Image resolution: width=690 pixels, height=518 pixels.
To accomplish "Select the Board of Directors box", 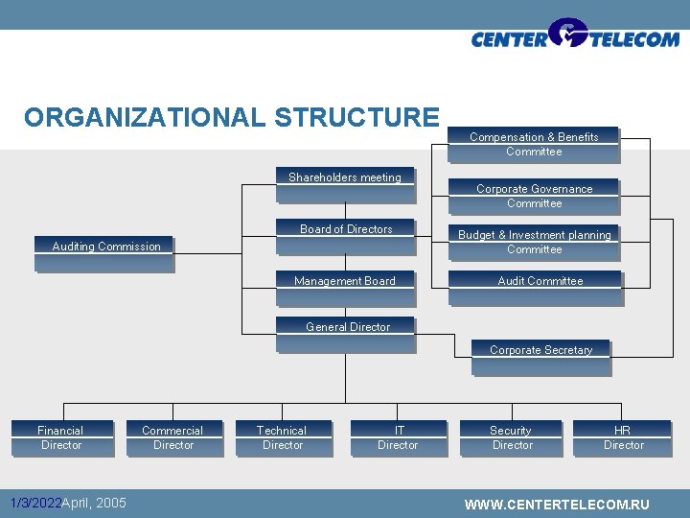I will tap(346, 236).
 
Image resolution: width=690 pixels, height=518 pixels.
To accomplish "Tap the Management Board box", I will tap(345, 287).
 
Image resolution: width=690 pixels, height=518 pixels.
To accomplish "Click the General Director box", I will tap(347, 333).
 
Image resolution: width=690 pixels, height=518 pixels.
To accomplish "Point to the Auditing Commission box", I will tap(105, 253).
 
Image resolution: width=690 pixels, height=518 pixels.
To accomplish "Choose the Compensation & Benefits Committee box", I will tap(534, 145).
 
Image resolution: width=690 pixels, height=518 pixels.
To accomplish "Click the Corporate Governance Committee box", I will tap(535, 197).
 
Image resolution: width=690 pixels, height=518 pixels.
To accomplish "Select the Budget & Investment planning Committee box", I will tap(535, 243).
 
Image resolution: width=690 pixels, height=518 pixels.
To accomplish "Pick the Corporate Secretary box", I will tap(540, 356).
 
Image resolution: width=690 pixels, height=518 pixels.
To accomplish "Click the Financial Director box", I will tap(61, 438).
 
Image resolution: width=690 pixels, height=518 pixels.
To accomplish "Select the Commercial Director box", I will tap(173, 438).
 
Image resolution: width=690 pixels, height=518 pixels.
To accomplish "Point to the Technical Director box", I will tap(283, 438).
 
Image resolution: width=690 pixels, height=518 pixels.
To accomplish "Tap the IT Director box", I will tap(398, 438).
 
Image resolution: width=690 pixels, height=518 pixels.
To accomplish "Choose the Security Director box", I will tap(512, 438).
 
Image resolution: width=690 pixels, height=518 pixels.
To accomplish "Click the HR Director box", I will tap(623, 438).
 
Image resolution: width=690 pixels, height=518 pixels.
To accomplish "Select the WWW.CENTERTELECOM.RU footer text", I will tap(556, 505).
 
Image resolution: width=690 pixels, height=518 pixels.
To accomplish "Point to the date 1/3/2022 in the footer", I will tap(34, 503).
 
